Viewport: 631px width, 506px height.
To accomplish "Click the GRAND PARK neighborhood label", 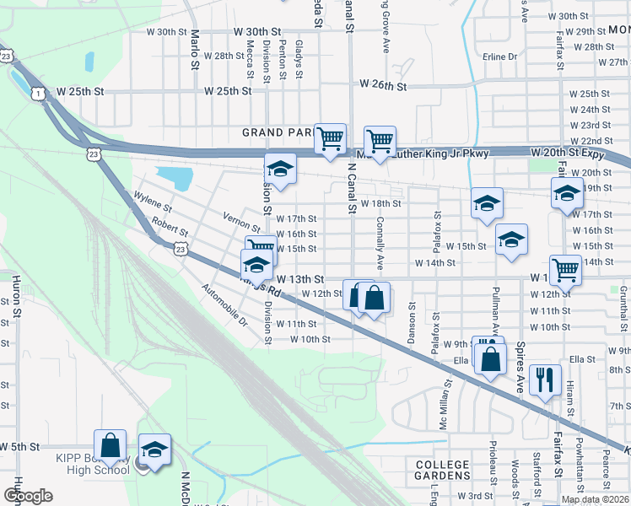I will (x=278, y=132).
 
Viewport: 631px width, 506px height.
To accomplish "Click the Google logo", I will (x=28, y=496).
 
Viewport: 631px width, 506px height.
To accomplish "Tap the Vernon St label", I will (x=243, y=223).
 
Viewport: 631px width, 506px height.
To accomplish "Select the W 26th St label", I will (x=383, y=85).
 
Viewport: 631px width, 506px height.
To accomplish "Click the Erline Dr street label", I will (x=500, y=57).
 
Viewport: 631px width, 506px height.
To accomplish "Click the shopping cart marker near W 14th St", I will (x=565, y=270).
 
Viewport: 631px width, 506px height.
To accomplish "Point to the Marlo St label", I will (x=195, y=49).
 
